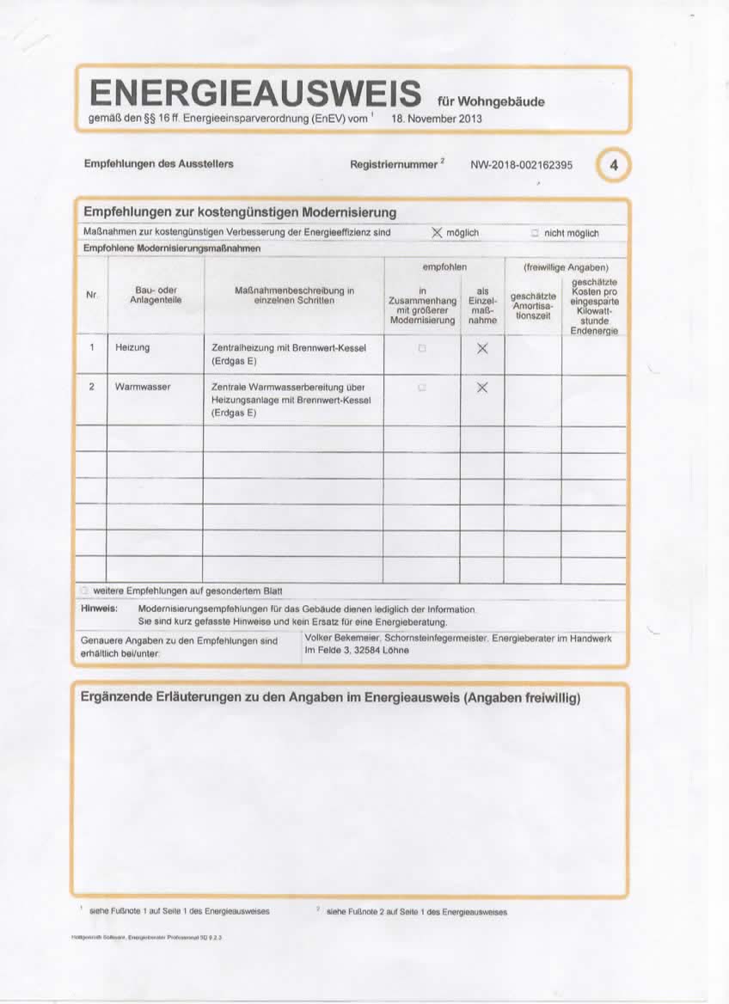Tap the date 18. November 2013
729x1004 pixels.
(x=437, y=119)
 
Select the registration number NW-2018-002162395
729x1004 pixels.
(x=521, y=164)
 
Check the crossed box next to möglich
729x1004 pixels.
(x=437, y=233)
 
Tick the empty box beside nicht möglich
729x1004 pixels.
(x=534, y=233)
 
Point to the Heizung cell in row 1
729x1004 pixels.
(x=132, y=347)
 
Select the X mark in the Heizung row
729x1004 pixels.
(x=482, y=348)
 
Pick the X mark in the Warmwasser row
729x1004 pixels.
(x=482, y=388)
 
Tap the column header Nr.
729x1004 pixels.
(x=91, y=295)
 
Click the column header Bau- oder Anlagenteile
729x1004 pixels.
(x=156, y=295)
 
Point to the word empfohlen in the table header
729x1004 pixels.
(x=444, y=268)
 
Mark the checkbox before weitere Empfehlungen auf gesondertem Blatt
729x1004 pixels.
(x=84, y=591)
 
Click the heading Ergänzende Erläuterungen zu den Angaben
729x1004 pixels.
(x=330, y=697)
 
